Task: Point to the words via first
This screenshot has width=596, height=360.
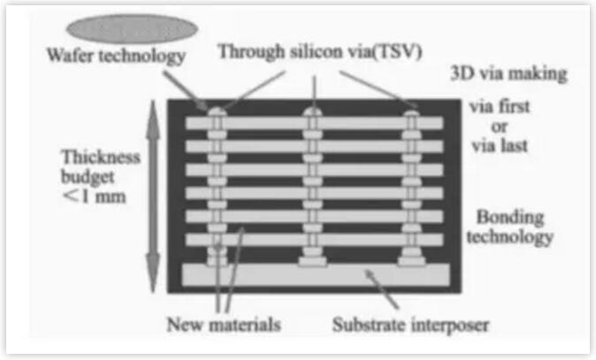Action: [500, 108]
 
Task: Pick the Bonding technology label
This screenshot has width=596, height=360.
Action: [516, 226]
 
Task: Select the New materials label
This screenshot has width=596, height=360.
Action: [224, 324]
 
